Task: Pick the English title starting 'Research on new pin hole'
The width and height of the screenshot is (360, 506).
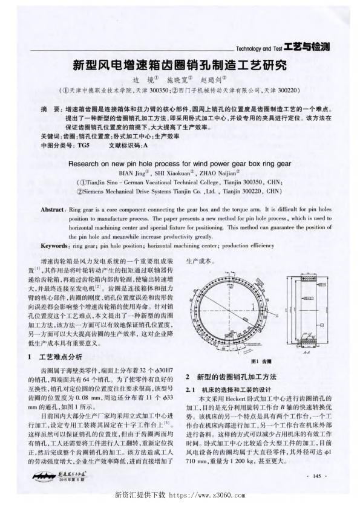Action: point(180,163)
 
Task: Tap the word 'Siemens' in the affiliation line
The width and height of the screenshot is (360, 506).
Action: point(99,190)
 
